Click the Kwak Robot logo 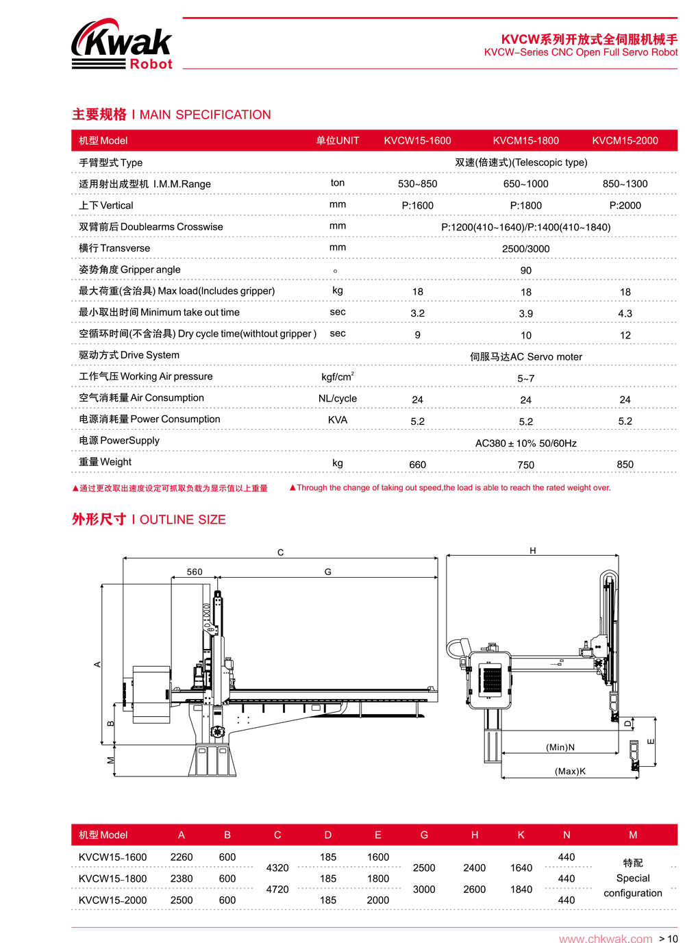(122, 45)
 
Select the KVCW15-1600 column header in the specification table (417, 140)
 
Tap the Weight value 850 (625, 465)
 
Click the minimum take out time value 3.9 (525, 313)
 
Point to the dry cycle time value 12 (625, 335)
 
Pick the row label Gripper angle (129, 269)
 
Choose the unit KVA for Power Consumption (337, 419)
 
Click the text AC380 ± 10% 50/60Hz (525, 443)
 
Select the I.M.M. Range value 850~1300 (625, 184)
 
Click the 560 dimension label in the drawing (195, 572)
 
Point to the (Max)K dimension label (570, 771)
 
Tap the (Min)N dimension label (560, 747)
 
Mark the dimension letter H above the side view (532, 550)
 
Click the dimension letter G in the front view (327, 572)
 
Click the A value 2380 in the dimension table (181, 879)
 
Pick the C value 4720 (277, 889)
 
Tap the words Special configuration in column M (632, 885)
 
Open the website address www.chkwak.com (606, 938)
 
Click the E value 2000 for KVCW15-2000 (377, 900)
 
